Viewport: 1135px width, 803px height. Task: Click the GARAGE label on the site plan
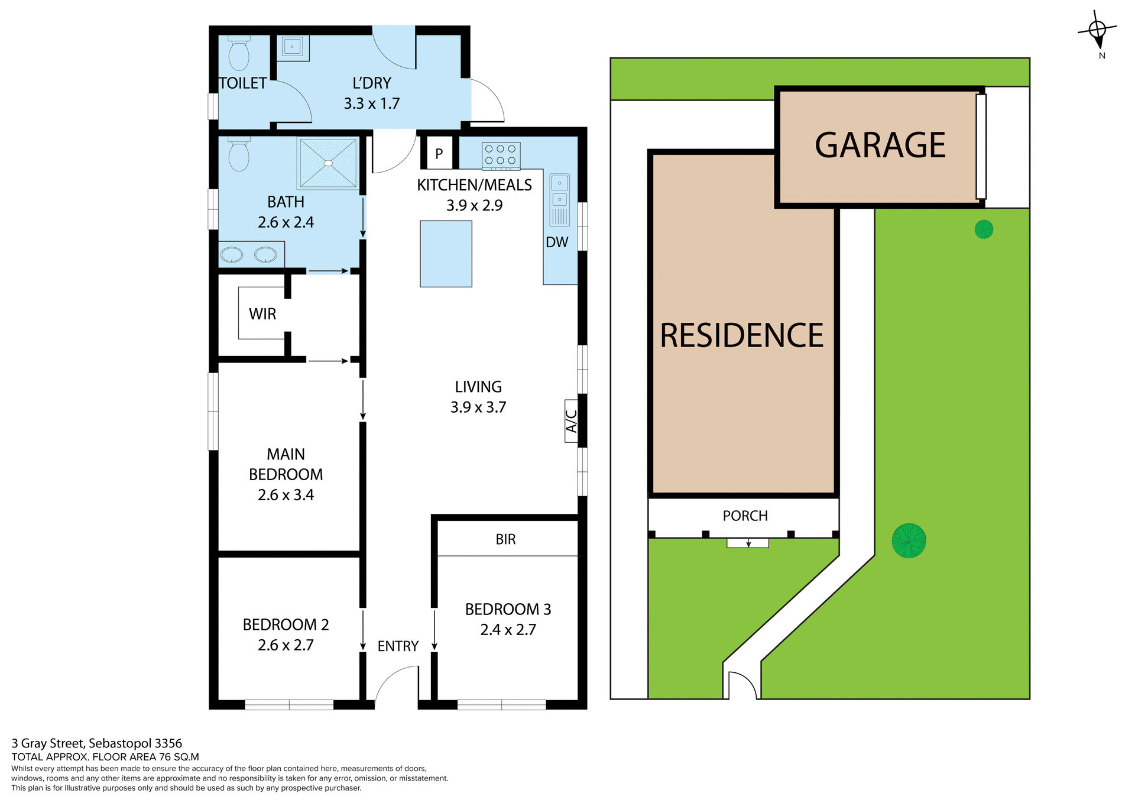tap(880, 145)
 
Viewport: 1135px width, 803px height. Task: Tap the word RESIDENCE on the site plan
tap(741, 336)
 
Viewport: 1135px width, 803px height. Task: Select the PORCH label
tap(745, 516)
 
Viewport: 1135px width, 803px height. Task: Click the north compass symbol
tap(1098, 31)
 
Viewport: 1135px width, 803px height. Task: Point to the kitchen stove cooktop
tap(501, 156)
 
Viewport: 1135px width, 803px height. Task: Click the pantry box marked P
tap(439, 154)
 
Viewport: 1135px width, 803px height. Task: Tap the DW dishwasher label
tap(557, 242)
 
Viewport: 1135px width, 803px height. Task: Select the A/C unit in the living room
tap(571, 421)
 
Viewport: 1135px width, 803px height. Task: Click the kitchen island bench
tap(446, 254)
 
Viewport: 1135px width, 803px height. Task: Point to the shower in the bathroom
tap(328, 163)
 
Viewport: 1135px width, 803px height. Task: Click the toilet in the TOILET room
tap(239, 54)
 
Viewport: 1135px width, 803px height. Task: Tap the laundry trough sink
tap(292, 47)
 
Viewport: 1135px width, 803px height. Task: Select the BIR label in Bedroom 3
tap(505, 539)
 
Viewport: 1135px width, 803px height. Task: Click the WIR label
tap(262, 314)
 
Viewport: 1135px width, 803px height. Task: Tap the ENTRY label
tap(398, 646)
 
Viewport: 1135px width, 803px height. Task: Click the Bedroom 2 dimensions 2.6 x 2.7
tap(286, 645)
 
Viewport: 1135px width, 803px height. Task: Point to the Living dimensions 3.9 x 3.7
tap(478, 407)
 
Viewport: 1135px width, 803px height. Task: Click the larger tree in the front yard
tap(909, 540)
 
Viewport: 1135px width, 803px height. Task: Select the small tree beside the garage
tap(984, 229)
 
